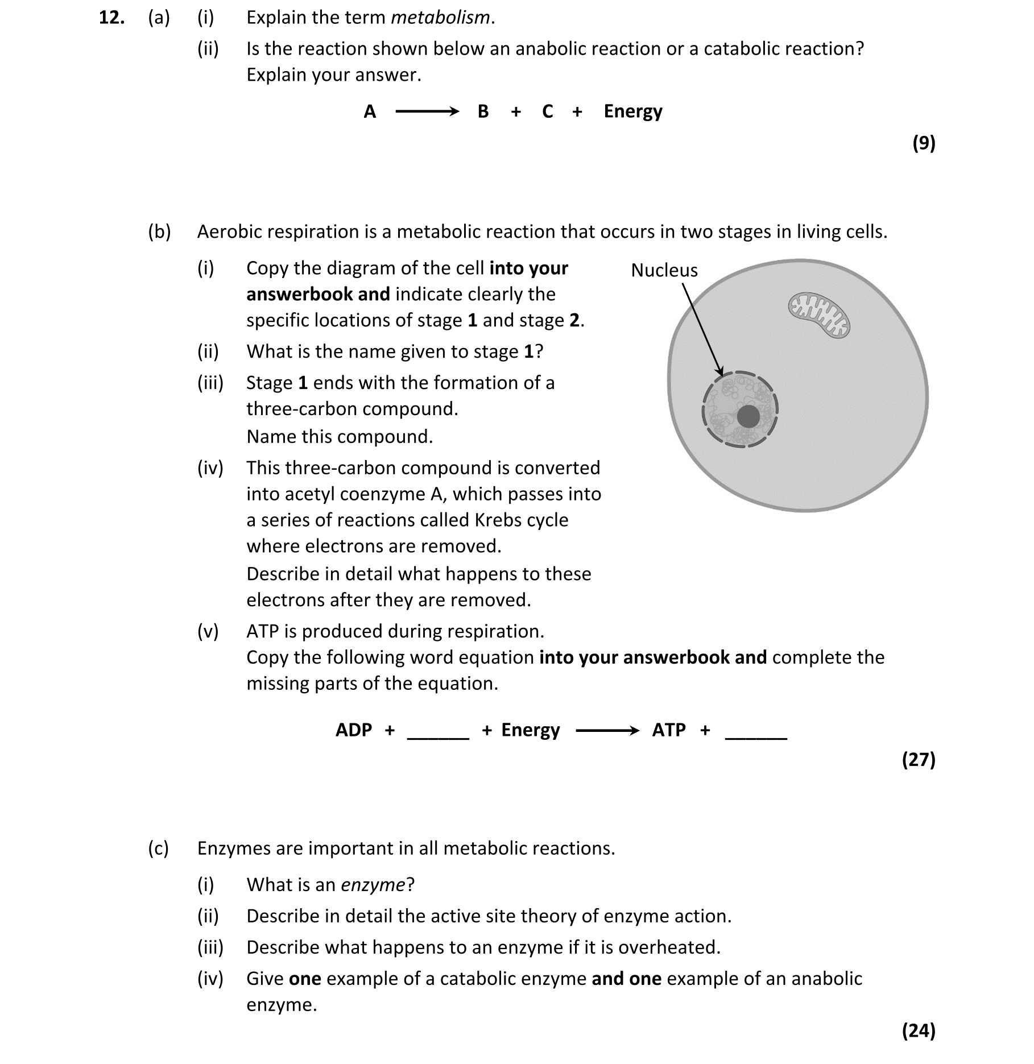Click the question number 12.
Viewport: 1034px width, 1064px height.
tap(111, 18)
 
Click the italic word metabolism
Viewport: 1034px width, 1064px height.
tap(440, 18)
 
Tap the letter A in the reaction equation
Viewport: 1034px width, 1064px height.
tap(370, 111)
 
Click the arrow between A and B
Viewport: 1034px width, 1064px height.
tap(427, 111)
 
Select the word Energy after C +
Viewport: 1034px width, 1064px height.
tap(632, 111)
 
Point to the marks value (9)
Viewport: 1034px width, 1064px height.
tap(924, 143)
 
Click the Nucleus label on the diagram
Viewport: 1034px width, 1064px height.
tap(664, 270)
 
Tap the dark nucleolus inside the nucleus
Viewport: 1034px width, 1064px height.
tap(748, 417)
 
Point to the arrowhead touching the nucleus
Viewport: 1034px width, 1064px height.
tap(720, 371)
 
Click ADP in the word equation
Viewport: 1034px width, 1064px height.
tap(353, 730)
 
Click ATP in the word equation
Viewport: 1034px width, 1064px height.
tap(668, 730)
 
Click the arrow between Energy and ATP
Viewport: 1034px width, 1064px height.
tap(607, 730)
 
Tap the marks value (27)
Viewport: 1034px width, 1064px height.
tap(919, 760)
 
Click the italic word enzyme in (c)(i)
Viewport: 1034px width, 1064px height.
tap(373, 885)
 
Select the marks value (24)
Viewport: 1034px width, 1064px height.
tap(919, 1030)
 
